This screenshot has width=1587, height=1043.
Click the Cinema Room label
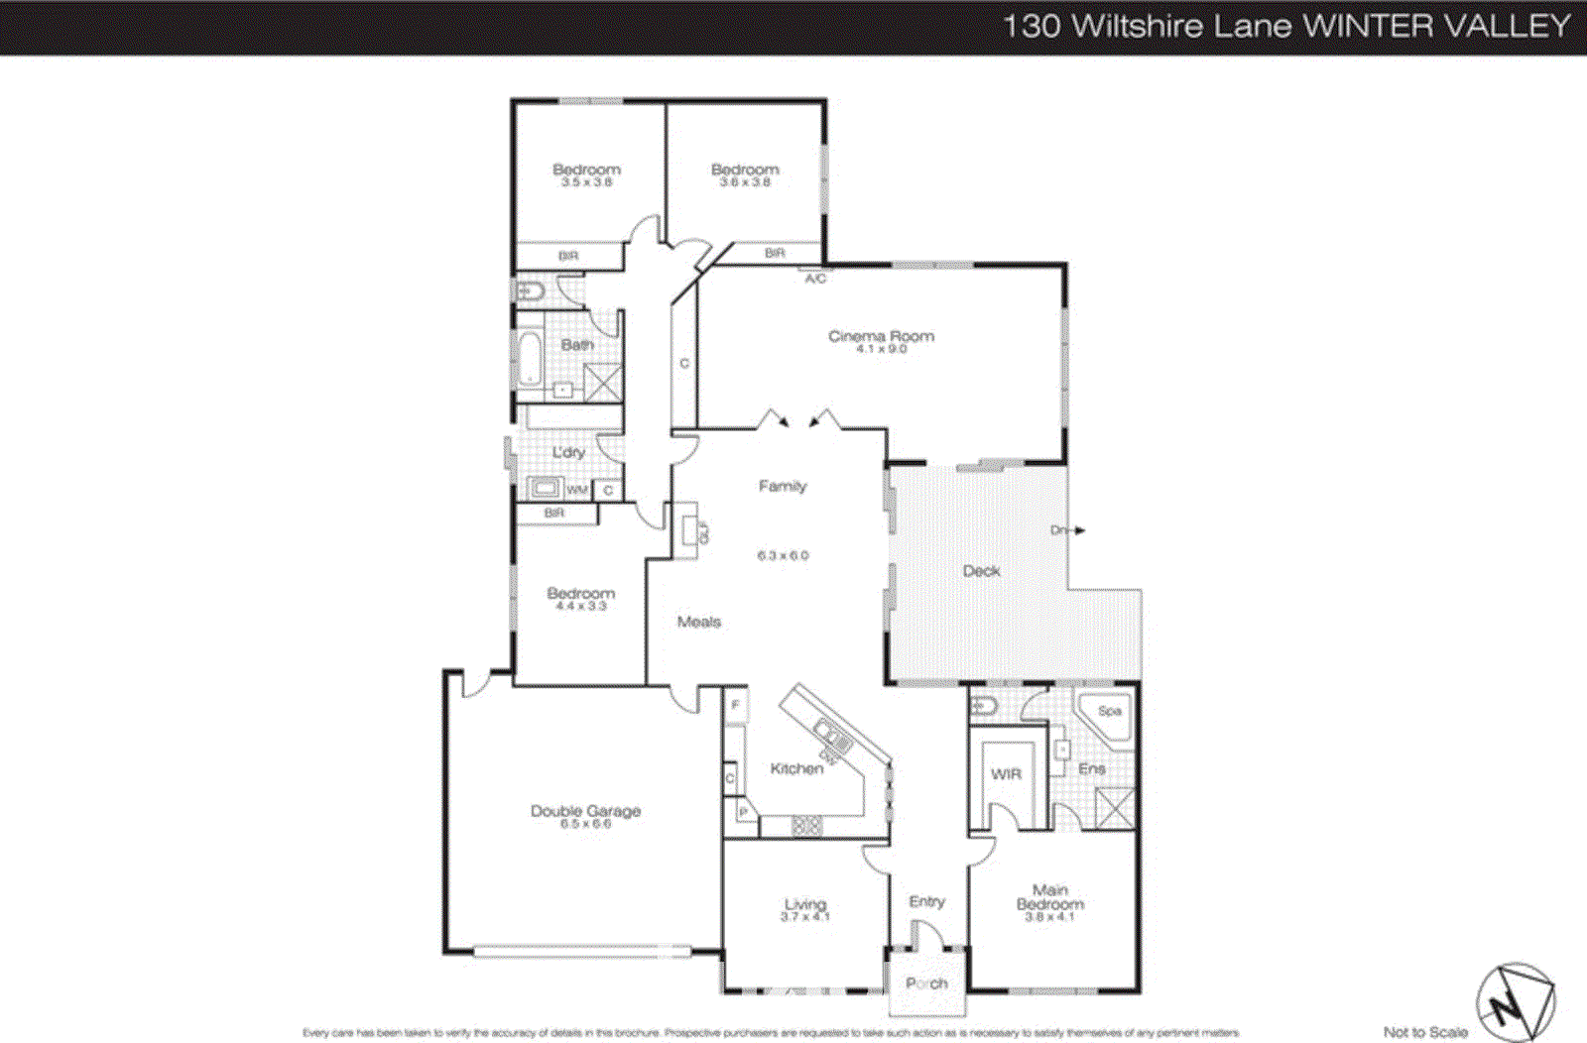coord(881,336)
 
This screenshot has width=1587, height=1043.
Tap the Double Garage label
coord(585,811)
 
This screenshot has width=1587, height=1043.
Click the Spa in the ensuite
coord(1109,712)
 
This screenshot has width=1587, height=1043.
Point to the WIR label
coord(1006,774)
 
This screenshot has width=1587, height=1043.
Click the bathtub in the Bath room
coord(529,359)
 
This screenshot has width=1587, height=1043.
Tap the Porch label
coord(926,984)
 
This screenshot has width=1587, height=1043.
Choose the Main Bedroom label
coord(1049,897)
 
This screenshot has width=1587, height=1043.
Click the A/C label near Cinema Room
coord(814,279)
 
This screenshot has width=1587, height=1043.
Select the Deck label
coord(981,571)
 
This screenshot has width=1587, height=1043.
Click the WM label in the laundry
coord(577,490)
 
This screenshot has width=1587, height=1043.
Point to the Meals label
coord(698,622)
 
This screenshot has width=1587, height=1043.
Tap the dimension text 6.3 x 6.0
coord(783,556)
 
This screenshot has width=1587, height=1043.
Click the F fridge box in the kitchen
coord(735,706)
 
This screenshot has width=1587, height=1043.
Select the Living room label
coord(804,904)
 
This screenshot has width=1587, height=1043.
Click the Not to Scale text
coord(1424,1032)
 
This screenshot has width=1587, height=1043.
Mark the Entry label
coord(926,901)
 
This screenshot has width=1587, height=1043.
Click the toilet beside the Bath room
coord(529,291)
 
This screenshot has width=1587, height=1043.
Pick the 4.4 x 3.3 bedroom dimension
coord(580,606)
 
